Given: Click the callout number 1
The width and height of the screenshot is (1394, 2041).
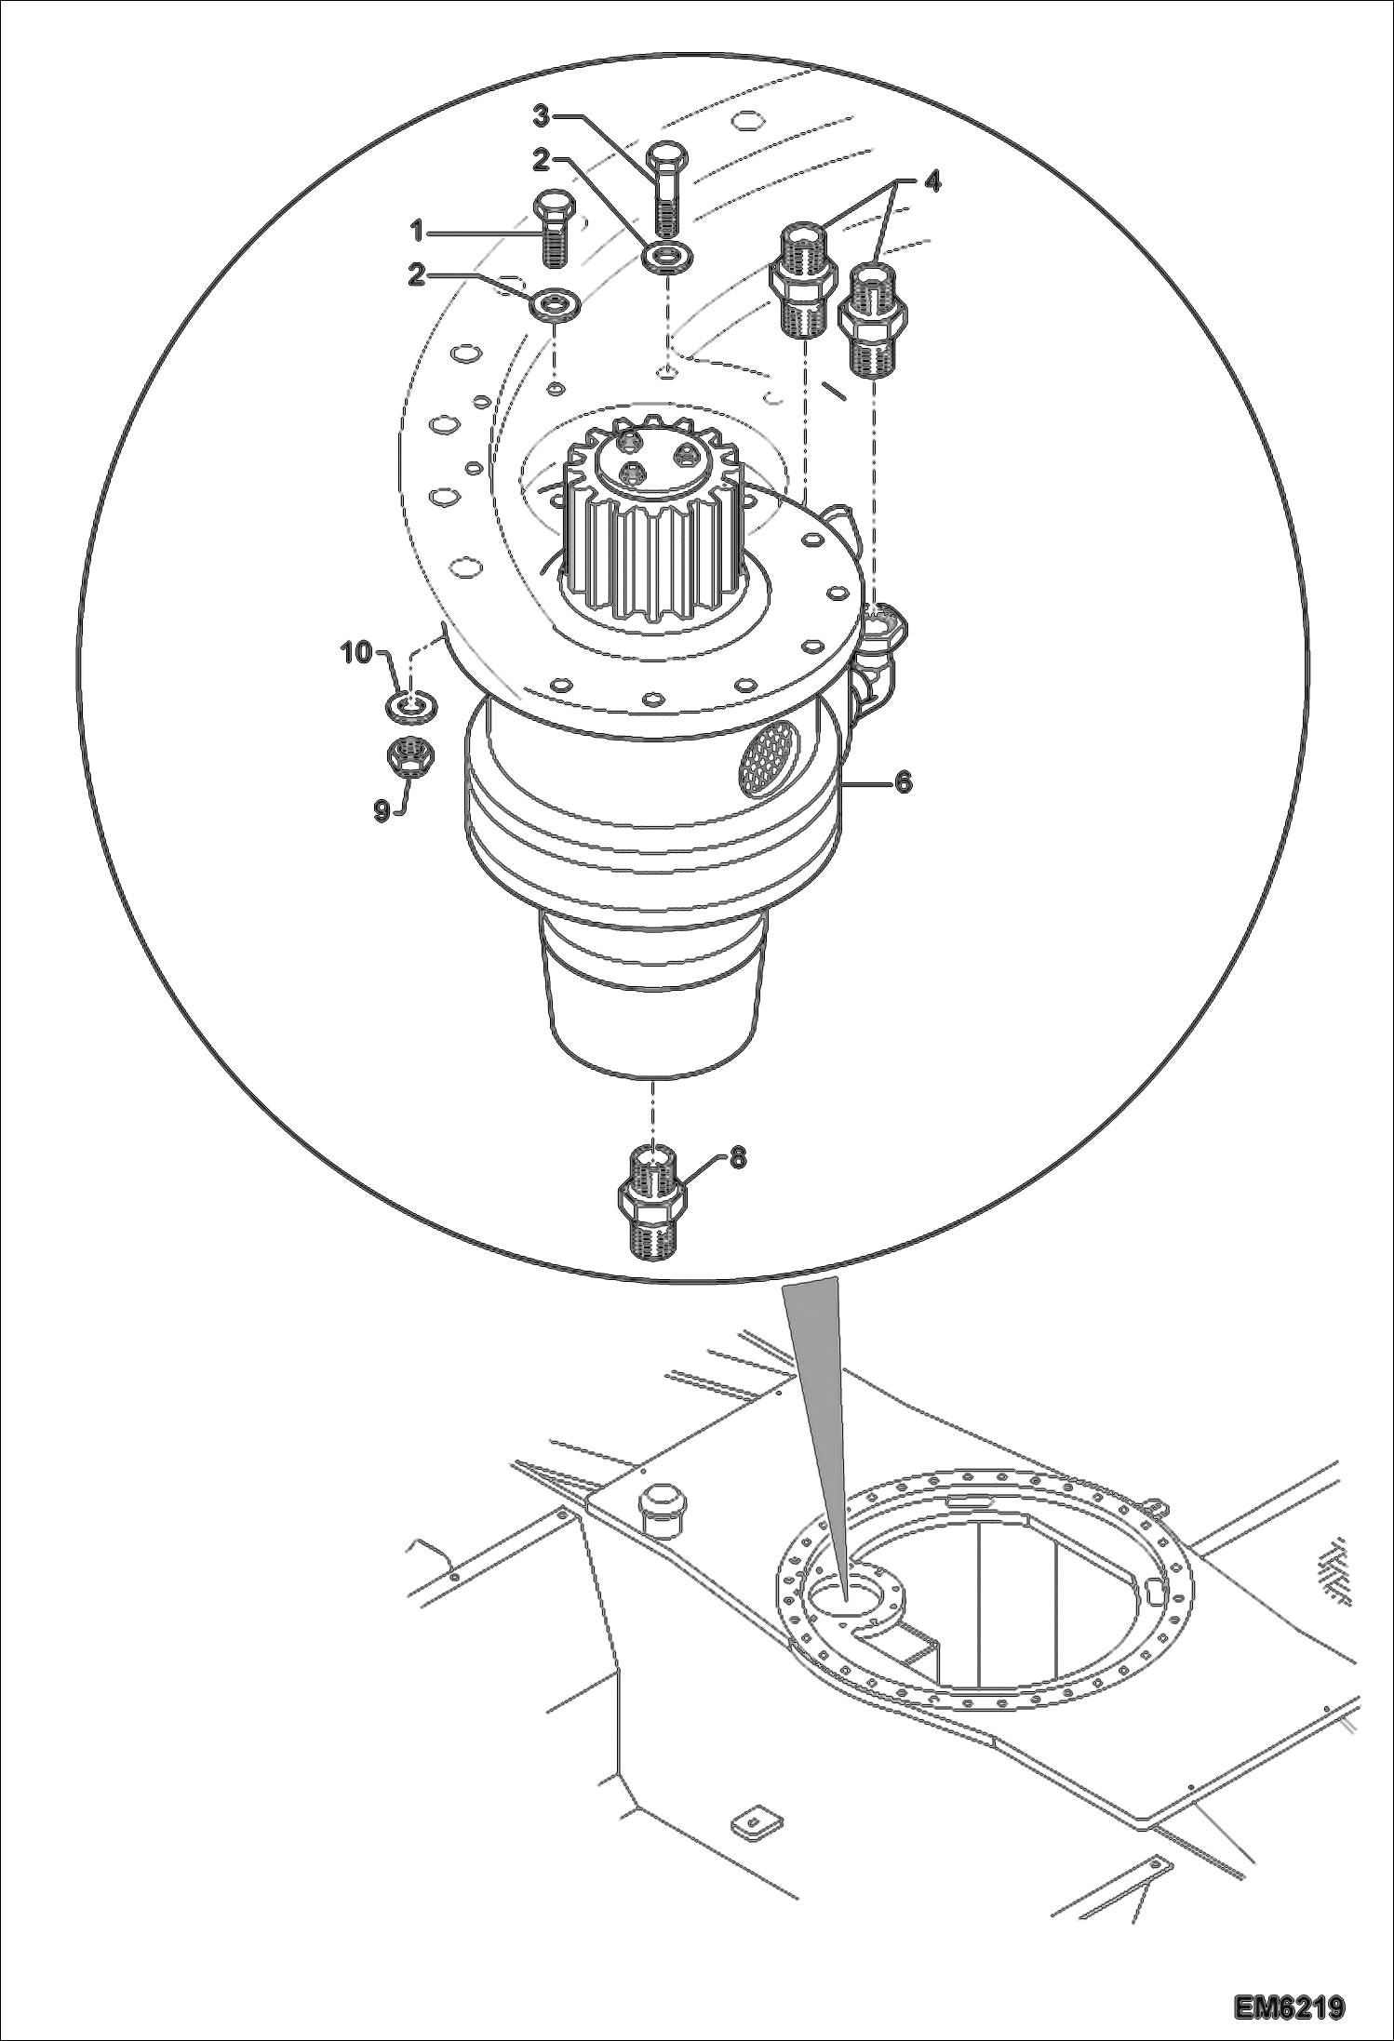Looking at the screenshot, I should pos(419,229).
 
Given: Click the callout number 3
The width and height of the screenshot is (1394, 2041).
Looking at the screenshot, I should pos(543,116).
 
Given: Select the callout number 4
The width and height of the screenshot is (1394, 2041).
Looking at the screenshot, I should pos(932,182).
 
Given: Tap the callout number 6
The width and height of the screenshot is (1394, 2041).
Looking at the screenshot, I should pos(903,783).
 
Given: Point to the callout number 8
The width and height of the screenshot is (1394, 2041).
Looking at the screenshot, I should pos(737,1158).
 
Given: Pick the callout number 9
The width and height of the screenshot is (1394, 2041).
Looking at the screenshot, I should pos(382,811).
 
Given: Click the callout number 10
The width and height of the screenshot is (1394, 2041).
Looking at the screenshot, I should pos(356,652).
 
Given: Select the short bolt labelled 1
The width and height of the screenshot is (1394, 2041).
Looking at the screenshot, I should pos(555,229).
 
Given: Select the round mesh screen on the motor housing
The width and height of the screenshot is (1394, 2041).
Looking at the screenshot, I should pos(769,748).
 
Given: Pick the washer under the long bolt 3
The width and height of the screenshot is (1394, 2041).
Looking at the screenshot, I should pos(665,255).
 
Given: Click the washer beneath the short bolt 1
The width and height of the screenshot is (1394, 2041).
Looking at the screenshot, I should pos(555,303).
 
